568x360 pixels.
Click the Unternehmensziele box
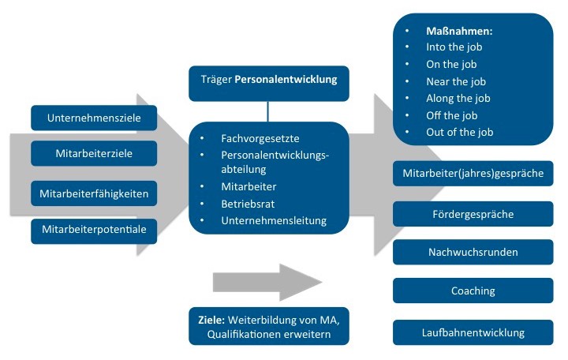pos(94,118)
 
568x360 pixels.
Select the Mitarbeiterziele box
pos(94,153)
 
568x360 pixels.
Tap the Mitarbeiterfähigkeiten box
pos(94,192)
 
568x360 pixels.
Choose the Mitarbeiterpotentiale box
pos(94,230)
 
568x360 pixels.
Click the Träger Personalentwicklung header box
pos(268,79)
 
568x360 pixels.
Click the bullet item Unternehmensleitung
pos(274,220)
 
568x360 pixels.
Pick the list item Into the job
pos(457,47)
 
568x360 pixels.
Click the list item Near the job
pos(458,81)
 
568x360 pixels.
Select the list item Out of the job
pos(459,132)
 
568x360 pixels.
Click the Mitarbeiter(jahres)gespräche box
pos(473,173)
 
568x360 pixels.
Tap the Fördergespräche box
pos(473,213)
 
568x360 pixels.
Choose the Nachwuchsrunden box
pos(473,253)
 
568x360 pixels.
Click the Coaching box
pos(473,291)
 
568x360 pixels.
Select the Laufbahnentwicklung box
pos(473,332)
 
